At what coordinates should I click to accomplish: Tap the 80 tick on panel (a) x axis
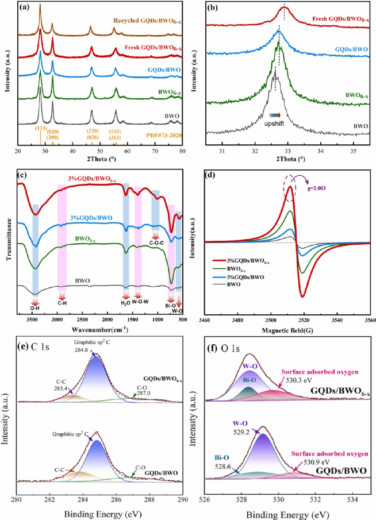182,151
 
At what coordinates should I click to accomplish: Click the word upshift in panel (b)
272,124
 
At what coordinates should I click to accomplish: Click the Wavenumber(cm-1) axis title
102,330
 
